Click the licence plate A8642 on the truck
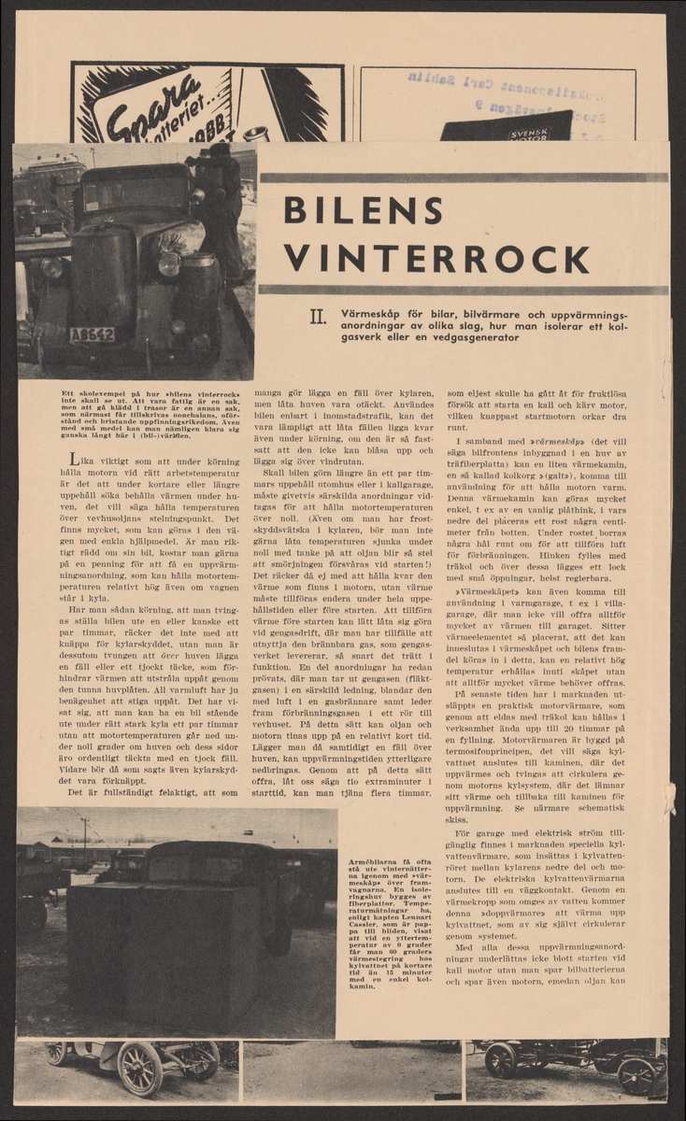pyautogui.click(x=92, y=333)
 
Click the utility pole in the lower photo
pyautogui.click(x=86, y=841)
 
